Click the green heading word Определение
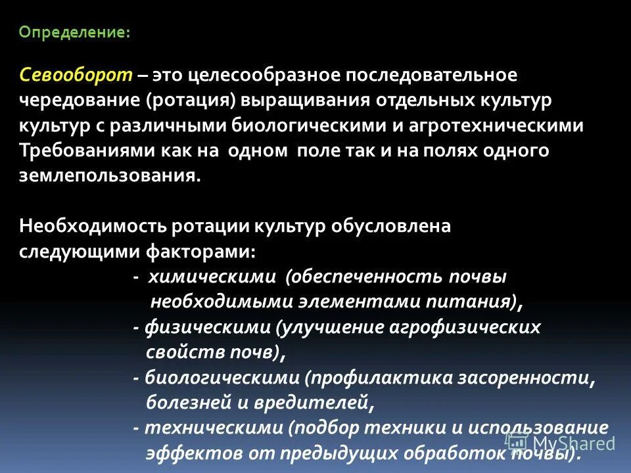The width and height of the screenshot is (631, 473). tap(74, 33)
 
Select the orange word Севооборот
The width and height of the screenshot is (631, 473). tap(76, 75)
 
